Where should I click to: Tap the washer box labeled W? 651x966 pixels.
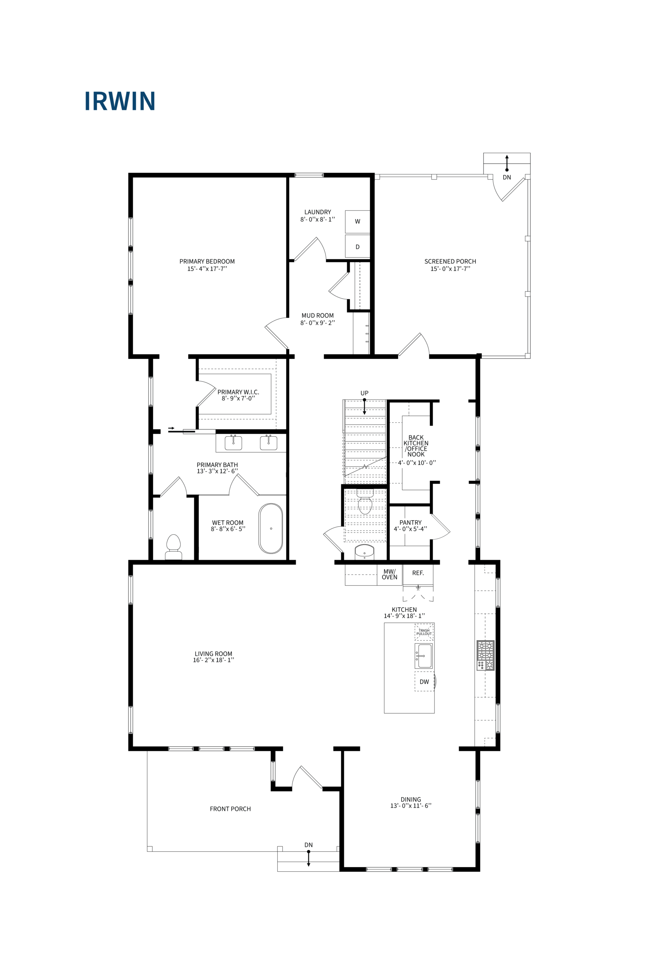tap(357, 222)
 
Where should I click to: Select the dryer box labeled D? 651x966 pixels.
tap(357, 246)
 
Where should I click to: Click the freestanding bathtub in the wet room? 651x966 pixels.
tap(271, 528)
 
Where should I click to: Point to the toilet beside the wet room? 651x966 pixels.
tap(173, 546)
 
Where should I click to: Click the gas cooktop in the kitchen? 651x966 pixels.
tap(485, 655)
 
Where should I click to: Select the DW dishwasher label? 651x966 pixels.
tap(424, 681)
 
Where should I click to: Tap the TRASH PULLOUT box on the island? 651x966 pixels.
tap(424, 632)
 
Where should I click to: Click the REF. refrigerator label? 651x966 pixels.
tap(418, 573)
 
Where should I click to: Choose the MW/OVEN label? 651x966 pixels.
tap(390, 574)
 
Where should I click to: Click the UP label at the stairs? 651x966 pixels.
tap(364, 393)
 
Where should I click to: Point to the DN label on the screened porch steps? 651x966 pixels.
tap(507, 177)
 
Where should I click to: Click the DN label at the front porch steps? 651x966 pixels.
tap(309, 845)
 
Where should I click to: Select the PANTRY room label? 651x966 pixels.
tap(410, 523)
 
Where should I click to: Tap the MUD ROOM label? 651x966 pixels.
tap(318, 315)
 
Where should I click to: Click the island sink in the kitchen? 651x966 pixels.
tap(424, 656)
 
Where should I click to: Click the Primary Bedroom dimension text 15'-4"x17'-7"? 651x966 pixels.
tap(207, 269)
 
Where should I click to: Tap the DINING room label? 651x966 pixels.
tap(411, 800)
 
